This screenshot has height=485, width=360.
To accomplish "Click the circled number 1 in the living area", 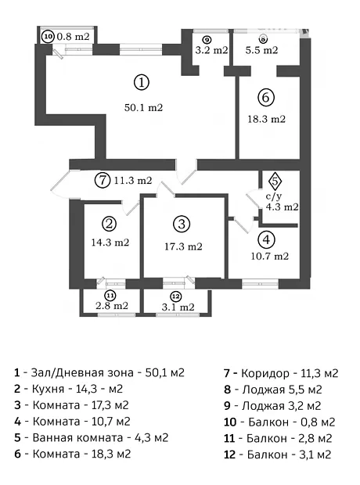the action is tap(142, 82).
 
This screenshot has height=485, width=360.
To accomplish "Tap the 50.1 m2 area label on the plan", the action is tap(144, 108).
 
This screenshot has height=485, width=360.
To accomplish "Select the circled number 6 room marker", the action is tap(266, 98).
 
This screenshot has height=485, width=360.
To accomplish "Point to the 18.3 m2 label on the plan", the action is tap(267, 119).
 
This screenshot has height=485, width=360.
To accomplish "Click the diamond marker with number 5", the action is tap(275, 181).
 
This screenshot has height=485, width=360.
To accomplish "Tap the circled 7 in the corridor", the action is tap(103, 180).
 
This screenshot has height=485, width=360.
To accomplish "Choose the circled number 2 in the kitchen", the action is tap(109, 224).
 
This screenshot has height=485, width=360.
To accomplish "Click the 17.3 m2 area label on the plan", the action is tap(183, 246).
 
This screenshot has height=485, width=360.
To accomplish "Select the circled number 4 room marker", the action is tap(267, 240).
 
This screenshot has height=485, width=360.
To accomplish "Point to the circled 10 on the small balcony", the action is tap(48, 37).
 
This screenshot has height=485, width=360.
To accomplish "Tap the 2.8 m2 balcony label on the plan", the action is tap(112, 306).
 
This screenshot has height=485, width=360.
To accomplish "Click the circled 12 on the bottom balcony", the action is tap(175, 296).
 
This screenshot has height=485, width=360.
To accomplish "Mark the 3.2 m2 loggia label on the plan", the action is tap(212, 50).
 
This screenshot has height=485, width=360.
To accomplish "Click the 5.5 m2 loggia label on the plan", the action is tap(262, 50).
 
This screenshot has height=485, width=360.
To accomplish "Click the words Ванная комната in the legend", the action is tap(77, 438).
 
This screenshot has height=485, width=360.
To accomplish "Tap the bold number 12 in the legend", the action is tap(229, 454).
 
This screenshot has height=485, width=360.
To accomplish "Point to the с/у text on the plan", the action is tap(274, 196).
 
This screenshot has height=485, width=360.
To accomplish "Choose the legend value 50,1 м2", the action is tap(165, 372).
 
